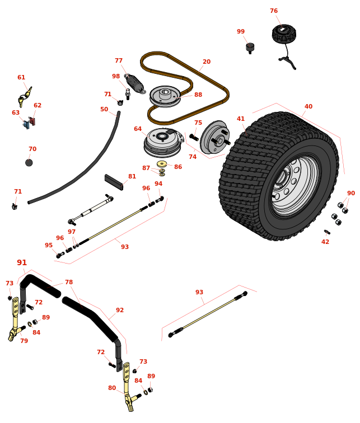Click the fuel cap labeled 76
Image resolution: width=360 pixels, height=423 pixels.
tap(284, 33)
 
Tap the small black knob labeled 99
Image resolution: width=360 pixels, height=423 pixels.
tap(250, 48)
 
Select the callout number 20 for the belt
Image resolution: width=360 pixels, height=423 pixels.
tap(207, 62)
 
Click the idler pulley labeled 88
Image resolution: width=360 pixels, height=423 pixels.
tap(165, 96)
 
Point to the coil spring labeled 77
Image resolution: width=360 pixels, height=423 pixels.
tap(135, 83)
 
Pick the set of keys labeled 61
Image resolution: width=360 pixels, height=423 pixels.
tap(25, 97)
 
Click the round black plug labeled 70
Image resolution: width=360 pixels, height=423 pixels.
tap(29, 163)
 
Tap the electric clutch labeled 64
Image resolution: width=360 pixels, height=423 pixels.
tap(163, 143)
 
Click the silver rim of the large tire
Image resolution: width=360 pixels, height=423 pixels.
tap(296, 186)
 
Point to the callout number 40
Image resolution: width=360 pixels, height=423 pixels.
tap(308, 106)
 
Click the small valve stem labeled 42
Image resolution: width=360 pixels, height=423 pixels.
tap(327, 232)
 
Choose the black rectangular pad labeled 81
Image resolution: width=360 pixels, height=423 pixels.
tap(114, 182)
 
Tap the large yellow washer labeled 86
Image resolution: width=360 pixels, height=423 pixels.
tap(162, 164)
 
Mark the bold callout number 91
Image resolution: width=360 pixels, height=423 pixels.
tap(22, 262)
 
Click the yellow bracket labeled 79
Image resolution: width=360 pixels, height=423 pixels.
tap(16, 319)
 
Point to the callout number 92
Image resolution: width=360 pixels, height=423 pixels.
tap(120, 310)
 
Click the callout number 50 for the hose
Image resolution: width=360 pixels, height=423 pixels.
tap(104, 109)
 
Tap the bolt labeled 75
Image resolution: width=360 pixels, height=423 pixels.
tap(194, 137)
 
